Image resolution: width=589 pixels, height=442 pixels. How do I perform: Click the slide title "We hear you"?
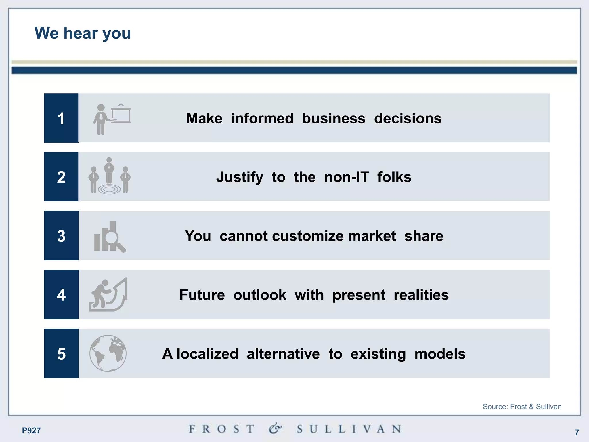(x=83, y=33)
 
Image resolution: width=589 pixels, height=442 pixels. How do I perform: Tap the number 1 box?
(x=61, y=118)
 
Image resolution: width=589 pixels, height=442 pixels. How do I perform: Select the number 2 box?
(x=61, y=177)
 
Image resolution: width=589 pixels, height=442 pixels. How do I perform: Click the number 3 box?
(x=61, y=236)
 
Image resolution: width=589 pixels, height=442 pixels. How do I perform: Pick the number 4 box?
(x=61, y=295)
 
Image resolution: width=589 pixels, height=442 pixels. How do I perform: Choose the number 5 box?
(x=61, y=354)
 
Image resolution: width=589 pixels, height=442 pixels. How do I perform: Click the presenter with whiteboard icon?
(x=112, y=119)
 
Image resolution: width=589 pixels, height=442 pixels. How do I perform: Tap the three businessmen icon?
(x=109, y=176)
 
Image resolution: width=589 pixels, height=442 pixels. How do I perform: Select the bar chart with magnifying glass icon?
(x=110, y=237)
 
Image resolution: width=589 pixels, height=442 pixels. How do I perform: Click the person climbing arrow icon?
(x=108, y=295)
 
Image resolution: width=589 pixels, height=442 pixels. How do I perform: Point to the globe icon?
(x=108, y=353)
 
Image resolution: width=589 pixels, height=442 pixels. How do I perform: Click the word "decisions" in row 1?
(x=408, y=119)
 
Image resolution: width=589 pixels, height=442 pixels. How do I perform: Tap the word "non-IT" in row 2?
(x=346, y=177)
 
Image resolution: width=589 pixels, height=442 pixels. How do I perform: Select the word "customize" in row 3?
(x=307, y=236)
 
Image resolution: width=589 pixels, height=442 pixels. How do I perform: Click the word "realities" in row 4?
(x=421, y=295)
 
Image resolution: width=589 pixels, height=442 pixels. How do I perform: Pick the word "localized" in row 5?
(x=207, y=354)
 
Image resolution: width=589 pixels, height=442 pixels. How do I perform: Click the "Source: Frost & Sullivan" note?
(x=522, y=407)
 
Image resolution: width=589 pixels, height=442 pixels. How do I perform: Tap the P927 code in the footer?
(x=31, y=430)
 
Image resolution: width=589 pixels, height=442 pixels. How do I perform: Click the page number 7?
(x=577, y=432)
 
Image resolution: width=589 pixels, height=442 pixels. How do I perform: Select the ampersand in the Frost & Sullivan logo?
(x=275, y=428)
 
